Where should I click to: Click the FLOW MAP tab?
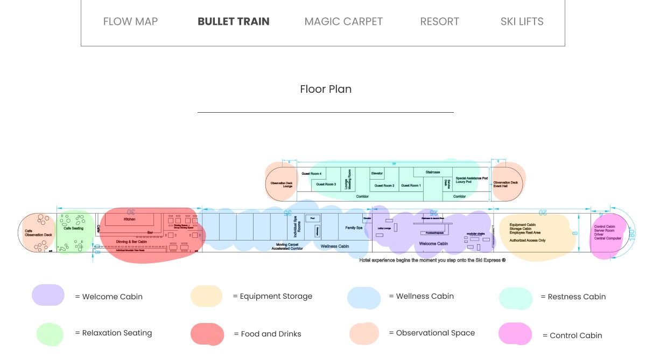point(130,22)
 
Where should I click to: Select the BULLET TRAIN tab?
point(234,22)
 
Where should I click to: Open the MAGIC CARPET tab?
point(343,22)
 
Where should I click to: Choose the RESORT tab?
point(439,22)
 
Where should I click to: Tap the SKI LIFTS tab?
point(522,22)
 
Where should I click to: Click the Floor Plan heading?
point(326,89)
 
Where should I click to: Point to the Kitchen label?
point(130,219)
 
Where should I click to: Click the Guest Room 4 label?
point(312,174)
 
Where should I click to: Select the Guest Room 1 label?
point(411,186)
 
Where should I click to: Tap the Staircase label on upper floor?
point(433,172)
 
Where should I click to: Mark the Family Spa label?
point(354,228)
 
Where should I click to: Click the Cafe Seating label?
point(73,229)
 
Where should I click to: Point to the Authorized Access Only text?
point(527,240)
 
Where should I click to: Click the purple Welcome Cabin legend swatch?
point(48,296)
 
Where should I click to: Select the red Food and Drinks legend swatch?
point(207,334)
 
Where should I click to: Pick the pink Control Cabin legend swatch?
point(515,334)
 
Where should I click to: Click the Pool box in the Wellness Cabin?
point(312,218)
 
